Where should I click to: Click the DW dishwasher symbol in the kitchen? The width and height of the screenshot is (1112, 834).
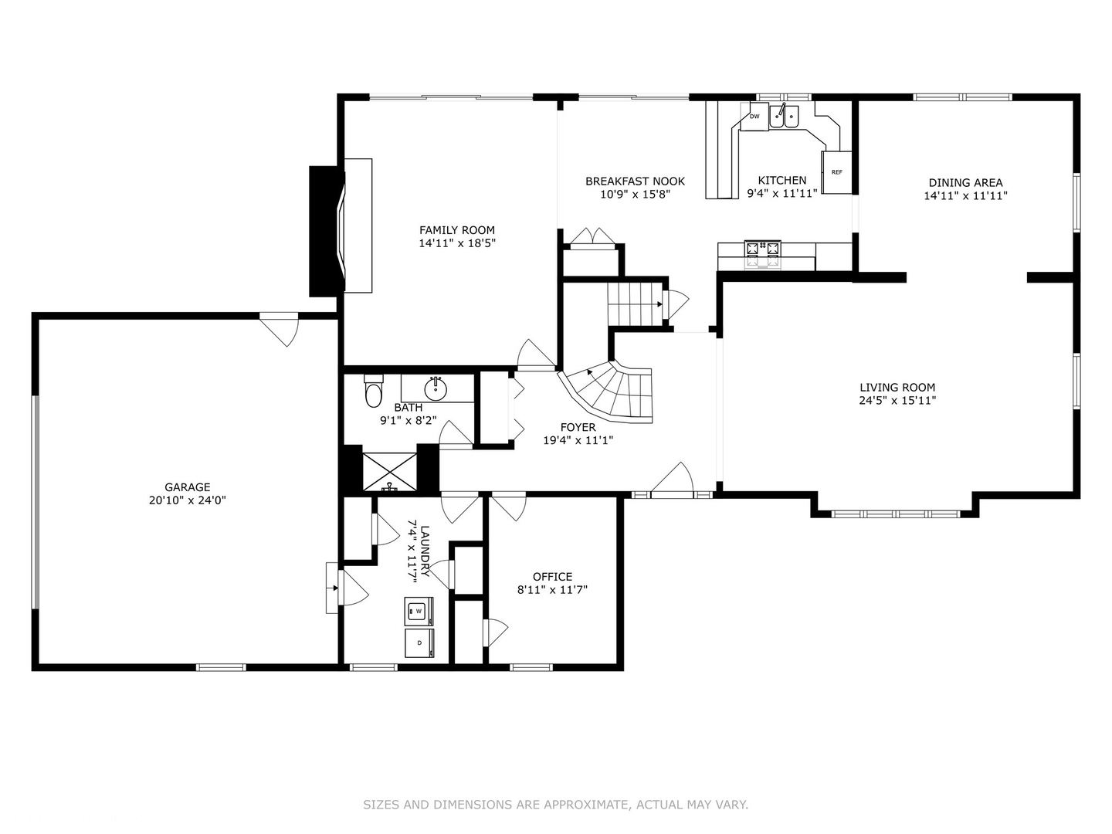pos(754,117)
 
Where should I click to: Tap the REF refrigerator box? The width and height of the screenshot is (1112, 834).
pos(836,172)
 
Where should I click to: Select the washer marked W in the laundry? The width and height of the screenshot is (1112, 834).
pos(419,612)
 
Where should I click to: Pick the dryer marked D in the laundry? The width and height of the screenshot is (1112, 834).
pos(419,642)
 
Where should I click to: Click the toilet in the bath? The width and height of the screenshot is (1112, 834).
pos(374,392)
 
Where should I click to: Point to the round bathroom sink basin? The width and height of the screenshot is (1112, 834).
pos(436,388)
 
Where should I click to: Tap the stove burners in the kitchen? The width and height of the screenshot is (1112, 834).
pos(762,249)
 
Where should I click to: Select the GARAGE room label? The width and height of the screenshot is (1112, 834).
pos(187,487)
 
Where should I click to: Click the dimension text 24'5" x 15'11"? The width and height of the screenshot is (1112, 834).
pos(897,401)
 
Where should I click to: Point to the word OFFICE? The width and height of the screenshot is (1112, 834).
pos(552,577)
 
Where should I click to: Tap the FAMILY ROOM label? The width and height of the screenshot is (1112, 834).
pos(457,230)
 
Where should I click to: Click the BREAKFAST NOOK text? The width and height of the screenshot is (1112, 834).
pos(635,181)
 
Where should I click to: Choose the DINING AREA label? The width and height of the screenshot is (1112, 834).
pos(965,183)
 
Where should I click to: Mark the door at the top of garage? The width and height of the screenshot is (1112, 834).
pos(280,327)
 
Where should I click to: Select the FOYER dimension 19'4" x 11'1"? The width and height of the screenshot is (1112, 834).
pos(578,440)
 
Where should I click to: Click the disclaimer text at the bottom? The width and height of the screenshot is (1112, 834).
pos(555,805)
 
